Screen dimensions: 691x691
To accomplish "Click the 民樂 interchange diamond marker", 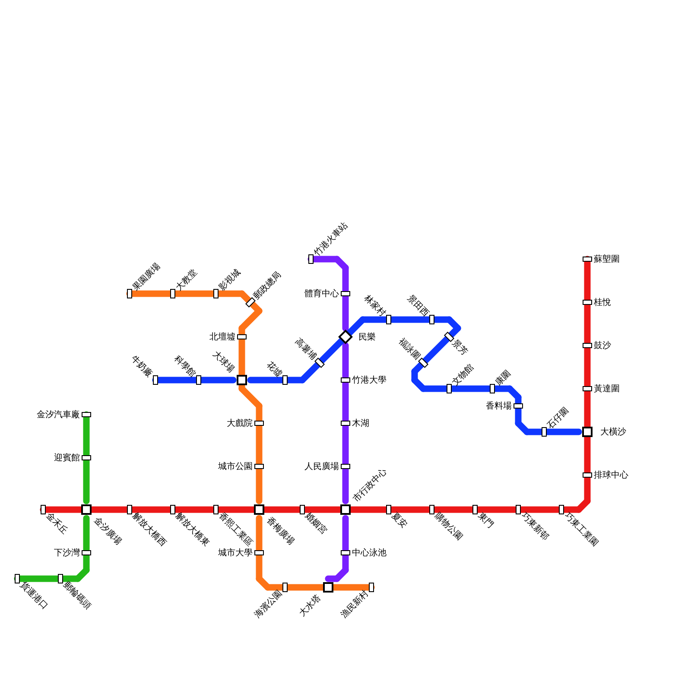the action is click(x=345, y=337).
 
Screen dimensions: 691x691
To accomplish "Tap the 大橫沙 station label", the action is click(x=613, y=432).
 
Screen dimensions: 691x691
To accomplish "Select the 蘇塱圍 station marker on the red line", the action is click(x=587, y=259).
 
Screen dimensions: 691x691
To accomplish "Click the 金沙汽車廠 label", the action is click(x=58, y=415).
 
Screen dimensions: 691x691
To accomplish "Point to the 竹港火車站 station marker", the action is click(x=311, y=259).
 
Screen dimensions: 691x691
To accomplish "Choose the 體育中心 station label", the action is click(x=322, y=294).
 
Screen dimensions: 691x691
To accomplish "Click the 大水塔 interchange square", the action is click(x=328, y=587).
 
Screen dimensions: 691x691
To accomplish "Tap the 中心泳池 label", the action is click(x=369, y=553).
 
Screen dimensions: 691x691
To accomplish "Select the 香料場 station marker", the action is click(x=518, y=406).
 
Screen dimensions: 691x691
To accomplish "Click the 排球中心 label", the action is click(x=611, y=475).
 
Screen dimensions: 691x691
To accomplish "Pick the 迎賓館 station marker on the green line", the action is click(x=86, y=458).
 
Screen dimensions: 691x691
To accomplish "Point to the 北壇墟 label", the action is click(x=222, y=337).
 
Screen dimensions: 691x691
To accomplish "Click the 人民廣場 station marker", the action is click(x=345, y=466).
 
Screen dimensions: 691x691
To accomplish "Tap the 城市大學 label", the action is click(x=235, y=553).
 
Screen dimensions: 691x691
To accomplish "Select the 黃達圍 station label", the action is click(x=607, y=389).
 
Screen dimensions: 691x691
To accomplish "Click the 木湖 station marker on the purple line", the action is click(x=345, y=423).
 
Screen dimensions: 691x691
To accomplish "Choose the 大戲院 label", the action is click(x=240, y=423).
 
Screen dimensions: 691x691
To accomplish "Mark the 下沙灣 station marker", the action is click(x=86, y=553).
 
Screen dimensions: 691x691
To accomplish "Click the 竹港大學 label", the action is click(x=369, y=380).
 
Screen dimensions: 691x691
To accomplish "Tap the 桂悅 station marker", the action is click(x=587, y=302).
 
